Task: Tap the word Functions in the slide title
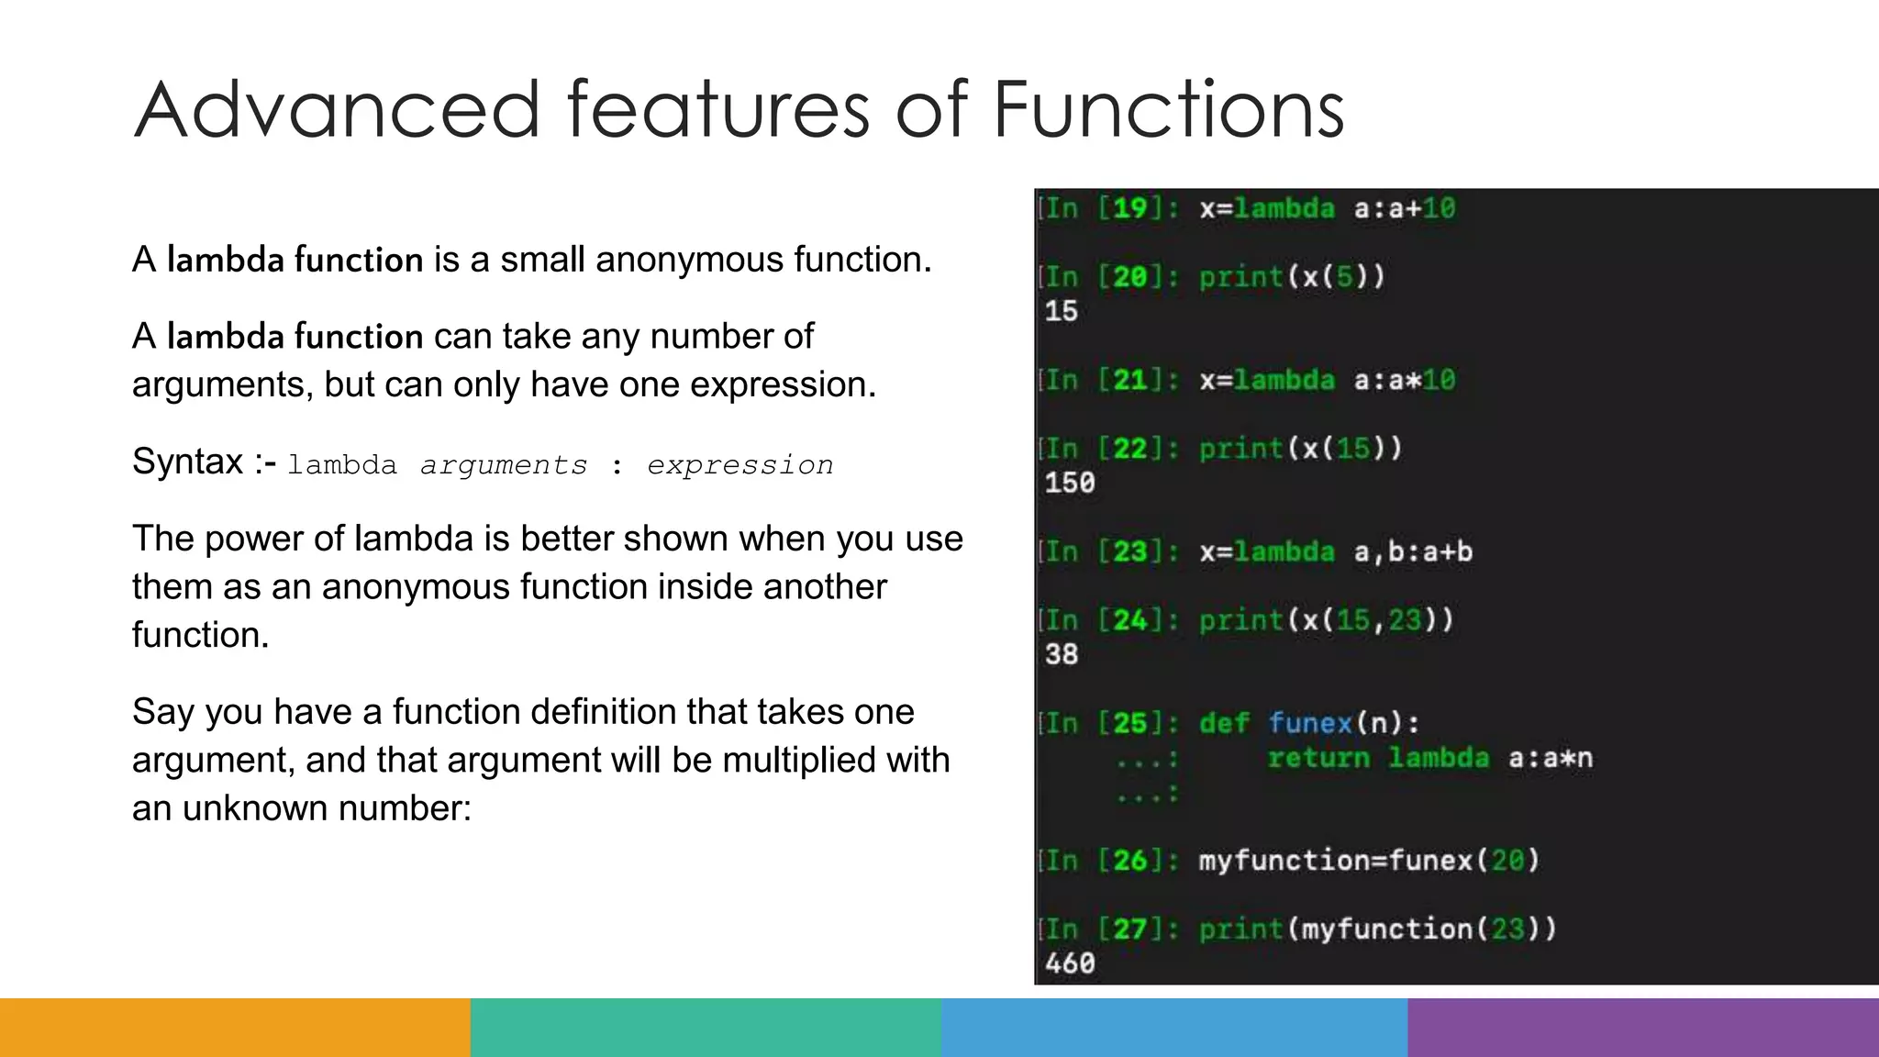click(x=1168, y=110)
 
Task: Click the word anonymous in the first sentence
click(x=689, y=261)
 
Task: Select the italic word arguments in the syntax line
click(x=504, y=466)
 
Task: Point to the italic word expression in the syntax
click(x=739, y=466)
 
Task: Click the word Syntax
click(x=187, y=462)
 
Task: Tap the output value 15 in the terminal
click(x=1061, y=311)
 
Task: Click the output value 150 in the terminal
click(x=1070, y=483)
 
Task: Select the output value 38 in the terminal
click(x=1061, y=654)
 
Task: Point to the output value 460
click(x=1070, y=963)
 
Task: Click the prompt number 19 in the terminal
click(x=1130, y=208)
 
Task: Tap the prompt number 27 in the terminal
click(x=1130, y=929)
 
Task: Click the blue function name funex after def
click(x=1310, y=723)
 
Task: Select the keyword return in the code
click(x=1318, y=758)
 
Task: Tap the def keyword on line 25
click(x=1224, y=723)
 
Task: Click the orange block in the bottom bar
click(x=235, y=1028)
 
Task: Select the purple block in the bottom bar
click(x=1642, y=1028)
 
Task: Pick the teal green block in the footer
click(x=706, y=1028)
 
